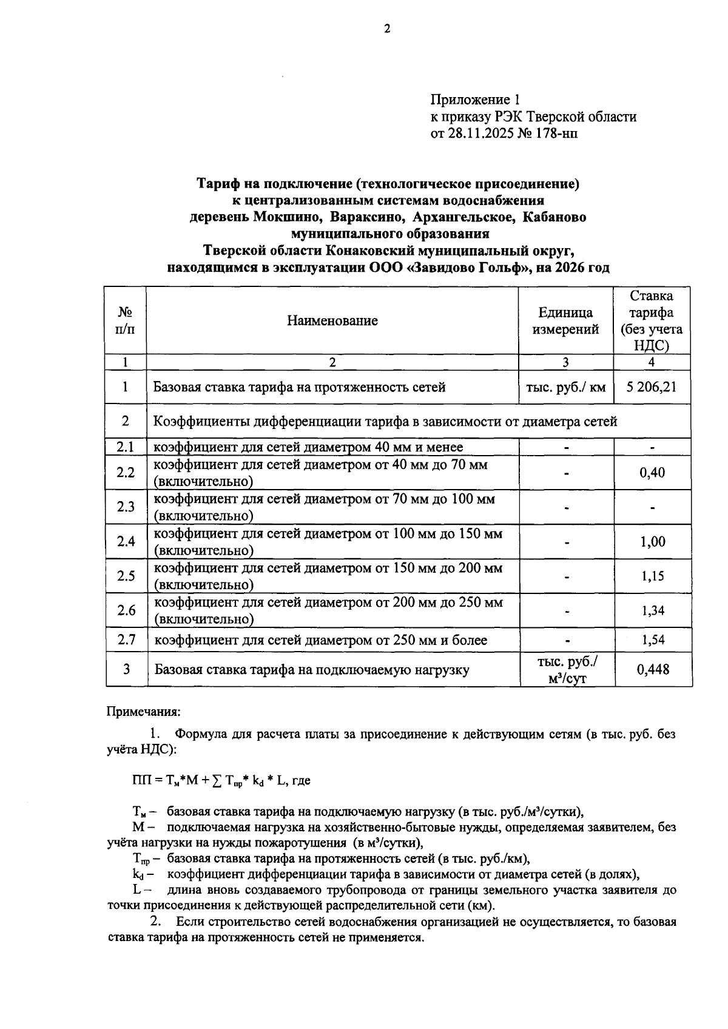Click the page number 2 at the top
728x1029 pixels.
tap(387, 29)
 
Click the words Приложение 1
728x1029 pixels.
tap(475, 100)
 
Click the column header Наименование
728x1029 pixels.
tap(332, 320)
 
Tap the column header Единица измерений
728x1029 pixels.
tap(565, 321)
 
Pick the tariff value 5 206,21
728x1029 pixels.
tap(652, 387)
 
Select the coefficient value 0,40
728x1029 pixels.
tap(652, 473)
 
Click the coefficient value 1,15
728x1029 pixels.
tap(653, 576)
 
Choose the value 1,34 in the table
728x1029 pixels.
tap(653, 610)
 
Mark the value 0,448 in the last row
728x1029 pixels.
tap(653, 669)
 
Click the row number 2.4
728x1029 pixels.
tap(126, 541)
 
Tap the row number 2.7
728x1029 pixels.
tap(126, 639)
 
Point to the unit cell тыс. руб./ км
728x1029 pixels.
tap(565, 387)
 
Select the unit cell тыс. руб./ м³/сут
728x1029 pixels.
tap(567, 670)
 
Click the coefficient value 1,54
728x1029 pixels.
tap(653, 639)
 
